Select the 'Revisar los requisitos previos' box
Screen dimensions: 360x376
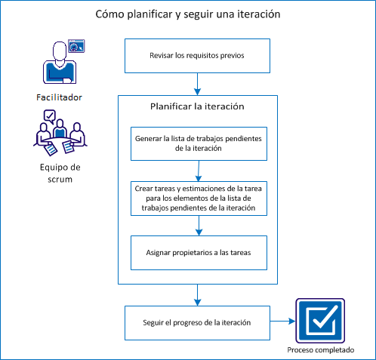[x=197, y=56]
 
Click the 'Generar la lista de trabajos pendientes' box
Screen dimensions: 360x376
[x=199, y=143]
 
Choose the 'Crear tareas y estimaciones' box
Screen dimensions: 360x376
[x=199, y=197]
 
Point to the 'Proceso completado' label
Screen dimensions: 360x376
[x=320, y=351]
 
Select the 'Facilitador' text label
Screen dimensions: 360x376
[x=59, y=97]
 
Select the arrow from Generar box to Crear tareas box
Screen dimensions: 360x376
[x=199, y=170]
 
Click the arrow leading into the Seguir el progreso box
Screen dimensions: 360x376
[x=198, y=295]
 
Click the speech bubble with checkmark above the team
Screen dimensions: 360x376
[x=50, y=115]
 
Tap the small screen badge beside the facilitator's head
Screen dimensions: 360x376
[x=76, y=46]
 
